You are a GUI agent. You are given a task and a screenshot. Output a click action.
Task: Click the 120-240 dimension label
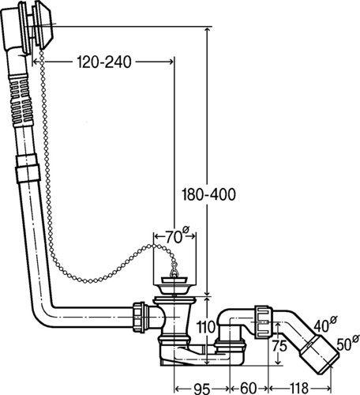click(104, 62)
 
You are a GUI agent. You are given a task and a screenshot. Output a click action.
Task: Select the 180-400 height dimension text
click(209, 195)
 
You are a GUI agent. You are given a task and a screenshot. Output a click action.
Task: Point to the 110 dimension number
click(205, 327)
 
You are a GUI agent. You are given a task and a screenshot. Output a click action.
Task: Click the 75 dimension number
click(279, 346)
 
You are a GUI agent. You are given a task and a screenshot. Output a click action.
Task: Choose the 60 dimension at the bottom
click(248, 388)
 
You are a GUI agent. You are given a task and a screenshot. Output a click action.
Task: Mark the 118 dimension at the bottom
click(299, 388)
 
